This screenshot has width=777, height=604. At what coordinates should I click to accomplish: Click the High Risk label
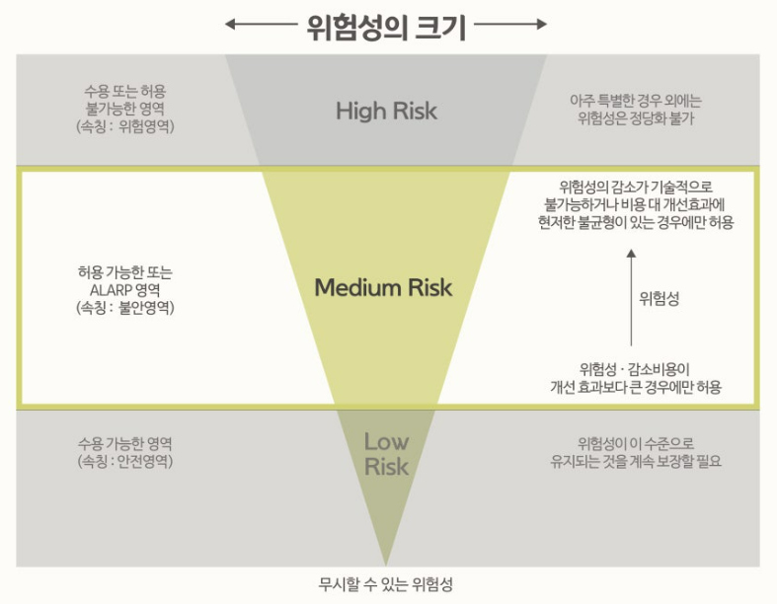(x=386, y=110)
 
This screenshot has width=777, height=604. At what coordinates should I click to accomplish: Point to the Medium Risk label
(x=383, y=287)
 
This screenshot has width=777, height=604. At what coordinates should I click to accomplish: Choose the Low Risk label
(x=386, y=453)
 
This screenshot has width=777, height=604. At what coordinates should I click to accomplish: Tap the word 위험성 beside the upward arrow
(x=659, y=298)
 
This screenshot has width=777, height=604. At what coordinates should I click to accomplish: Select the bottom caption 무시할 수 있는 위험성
(x=385, y=582)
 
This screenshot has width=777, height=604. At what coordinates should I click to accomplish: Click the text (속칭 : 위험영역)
(x=124, y=125)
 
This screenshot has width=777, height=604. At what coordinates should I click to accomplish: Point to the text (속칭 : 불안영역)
(x=124, y=307)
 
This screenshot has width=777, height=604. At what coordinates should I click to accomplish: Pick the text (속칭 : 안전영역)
(x=124, y=461)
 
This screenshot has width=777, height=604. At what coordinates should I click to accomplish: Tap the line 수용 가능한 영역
(x=124, y=442)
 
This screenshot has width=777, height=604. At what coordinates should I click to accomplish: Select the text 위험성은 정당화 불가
(x=638, y=118)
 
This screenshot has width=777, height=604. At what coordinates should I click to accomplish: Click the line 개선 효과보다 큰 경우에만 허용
(x=636, y=387)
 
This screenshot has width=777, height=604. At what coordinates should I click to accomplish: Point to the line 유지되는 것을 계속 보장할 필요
(x=636, y=461)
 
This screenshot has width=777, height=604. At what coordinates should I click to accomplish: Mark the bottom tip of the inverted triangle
(x=386, y=564)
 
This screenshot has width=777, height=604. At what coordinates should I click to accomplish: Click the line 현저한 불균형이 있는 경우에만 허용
(x=638, y=222)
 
